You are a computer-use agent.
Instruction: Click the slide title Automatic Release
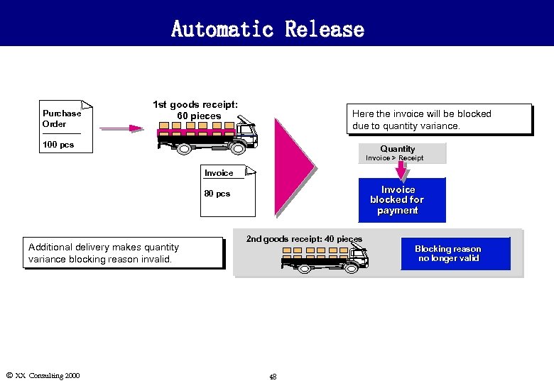pyautogui.click(x=267, y=29)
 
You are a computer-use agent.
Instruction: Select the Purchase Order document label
pyautogui.click(x=62, y=118)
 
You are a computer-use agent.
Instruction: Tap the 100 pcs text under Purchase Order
pyautogui.click(x=58, y=145)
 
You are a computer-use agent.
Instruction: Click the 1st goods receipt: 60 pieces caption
pyautogui.click(x=195, y=110)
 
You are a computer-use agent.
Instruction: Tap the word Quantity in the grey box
pyautogui.click(x=397, y=149)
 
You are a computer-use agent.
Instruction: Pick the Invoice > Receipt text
pyautogui.click(x=394, y=158)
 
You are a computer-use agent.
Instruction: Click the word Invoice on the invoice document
pyautogui.click(x=219, y=173)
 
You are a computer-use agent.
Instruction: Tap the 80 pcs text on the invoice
pyautogui.click(x=217, y=194)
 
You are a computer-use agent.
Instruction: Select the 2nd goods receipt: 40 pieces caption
pyautogui.click(x=304, y=239)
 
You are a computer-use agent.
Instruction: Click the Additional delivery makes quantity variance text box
pyautogui.click(x=124, y=252)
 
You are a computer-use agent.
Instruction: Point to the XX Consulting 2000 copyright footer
pyautogui.click(x=42, y=375)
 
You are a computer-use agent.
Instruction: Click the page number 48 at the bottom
pyautogui.click(x=273, y=377)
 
